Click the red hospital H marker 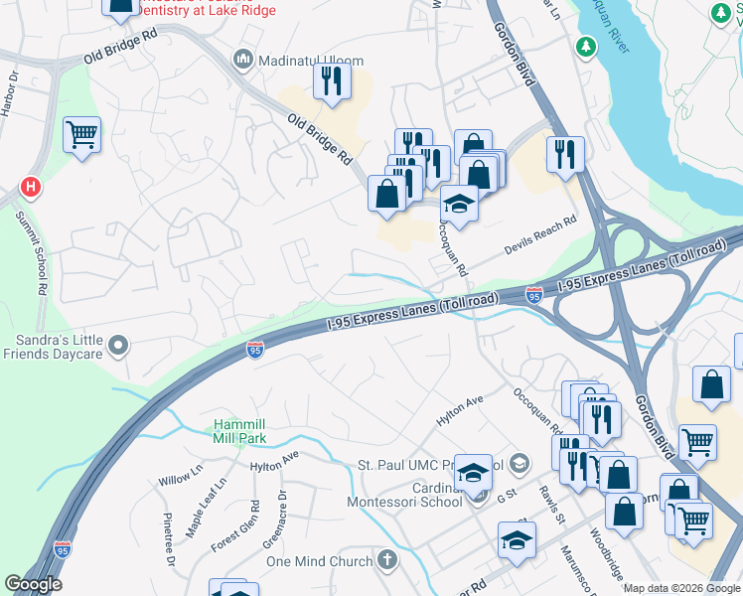coord(31,187)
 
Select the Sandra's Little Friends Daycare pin coord(119,346)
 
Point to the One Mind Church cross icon coord(386,560)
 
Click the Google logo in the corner coord(33,584)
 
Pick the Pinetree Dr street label coord(169,540)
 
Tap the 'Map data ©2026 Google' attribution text coord(681,588)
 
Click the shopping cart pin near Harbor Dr coord(81,135)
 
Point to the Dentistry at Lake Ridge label coord(208,10)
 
